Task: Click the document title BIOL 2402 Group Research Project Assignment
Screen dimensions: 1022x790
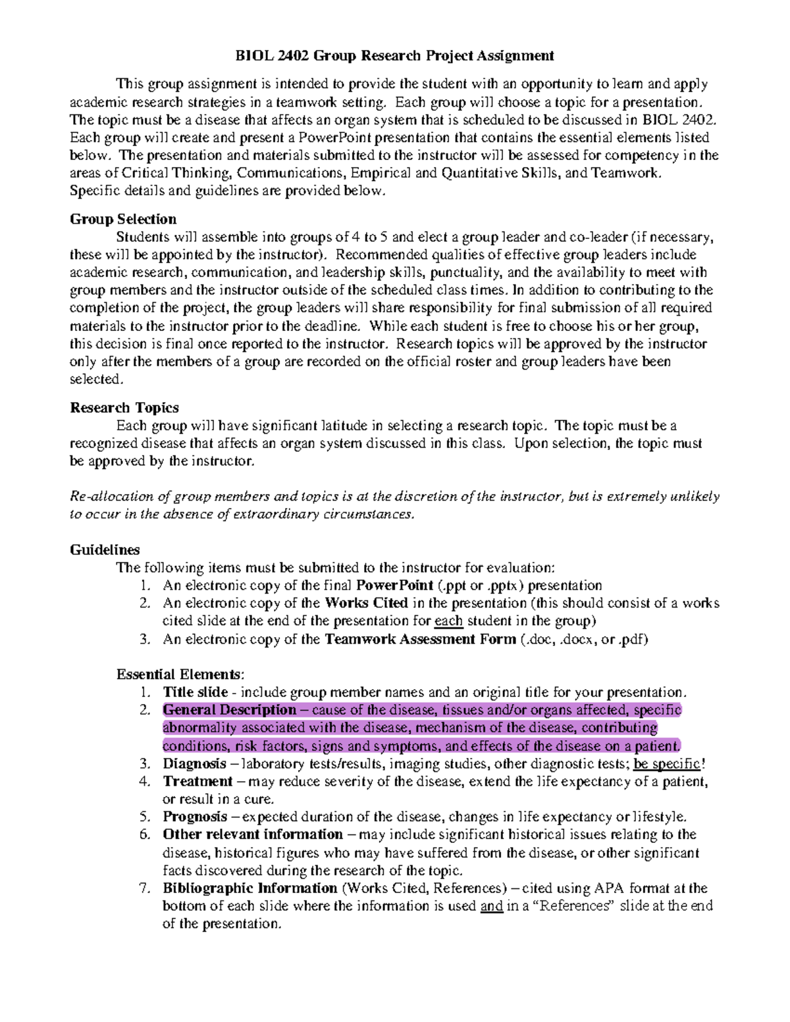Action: point(395,56)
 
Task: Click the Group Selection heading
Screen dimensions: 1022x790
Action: point(123,219)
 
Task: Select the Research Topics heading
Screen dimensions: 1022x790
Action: point(124,408)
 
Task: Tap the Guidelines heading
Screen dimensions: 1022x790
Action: point(105,549)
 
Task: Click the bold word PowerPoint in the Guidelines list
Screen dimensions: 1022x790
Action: point(395,585)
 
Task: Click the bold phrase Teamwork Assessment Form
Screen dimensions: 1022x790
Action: point(421,639)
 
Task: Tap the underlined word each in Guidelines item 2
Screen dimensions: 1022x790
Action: point(448,621)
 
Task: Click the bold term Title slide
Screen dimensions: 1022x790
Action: point(196,692)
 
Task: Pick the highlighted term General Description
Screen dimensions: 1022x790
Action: point(230,710)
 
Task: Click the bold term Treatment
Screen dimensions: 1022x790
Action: point(197,782)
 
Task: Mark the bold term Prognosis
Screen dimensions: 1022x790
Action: point(196,817)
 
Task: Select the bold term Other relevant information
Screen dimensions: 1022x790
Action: point(253,835)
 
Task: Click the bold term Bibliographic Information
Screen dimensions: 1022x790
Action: point(250,888)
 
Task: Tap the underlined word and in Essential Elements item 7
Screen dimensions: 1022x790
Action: point(492,906)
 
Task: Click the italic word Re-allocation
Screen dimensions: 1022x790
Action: point(102,496)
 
